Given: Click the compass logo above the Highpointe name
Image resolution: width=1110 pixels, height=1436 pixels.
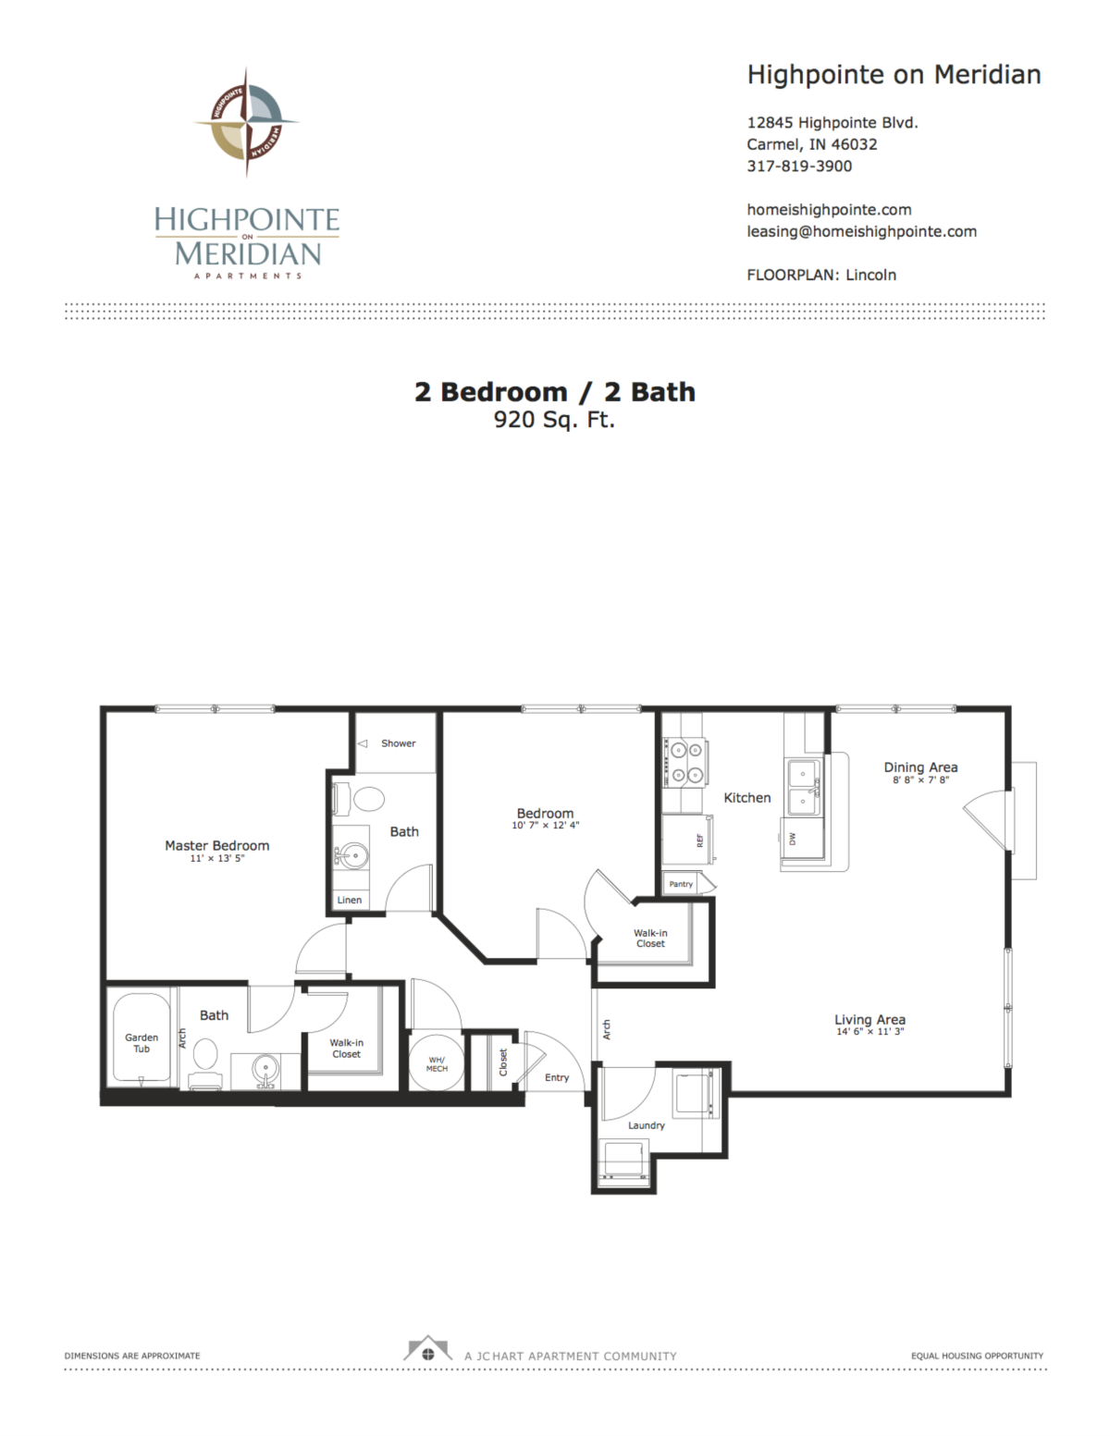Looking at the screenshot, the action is pos(247,122).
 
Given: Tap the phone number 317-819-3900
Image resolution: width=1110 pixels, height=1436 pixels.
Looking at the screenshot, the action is pos(799,166).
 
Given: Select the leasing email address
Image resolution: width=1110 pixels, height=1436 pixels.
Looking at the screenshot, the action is pos(861,231).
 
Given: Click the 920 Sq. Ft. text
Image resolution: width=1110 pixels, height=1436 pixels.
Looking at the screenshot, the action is pos(555,420).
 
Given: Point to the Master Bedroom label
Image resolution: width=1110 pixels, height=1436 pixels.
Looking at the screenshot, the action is pos(216,845).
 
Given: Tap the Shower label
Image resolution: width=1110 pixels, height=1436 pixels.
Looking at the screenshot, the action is pos(398,743).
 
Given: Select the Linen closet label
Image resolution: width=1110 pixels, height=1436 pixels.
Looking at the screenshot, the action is pos(349,900).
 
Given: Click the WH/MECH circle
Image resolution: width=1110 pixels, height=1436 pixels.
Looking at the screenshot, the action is pos(437,1064).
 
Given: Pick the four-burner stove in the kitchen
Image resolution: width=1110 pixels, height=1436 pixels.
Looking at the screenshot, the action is pos(686,763).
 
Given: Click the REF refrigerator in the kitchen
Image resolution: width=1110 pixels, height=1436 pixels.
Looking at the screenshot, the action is pos(688,840).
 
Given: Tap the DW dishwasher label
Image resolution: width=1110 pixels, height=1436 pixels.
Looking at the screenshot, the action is pos(793,839).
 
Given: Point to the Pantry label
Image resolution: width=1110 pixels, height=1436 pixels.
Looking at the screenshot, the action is pos(681,884).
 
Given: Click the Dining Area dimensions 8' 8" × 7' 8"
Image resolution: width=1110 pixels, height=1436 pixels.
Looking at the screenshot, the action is pos(921,779).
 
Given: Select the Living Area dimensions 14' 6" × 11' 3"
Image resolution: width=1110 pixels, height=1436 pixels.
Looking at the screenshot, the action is pos(870,1032).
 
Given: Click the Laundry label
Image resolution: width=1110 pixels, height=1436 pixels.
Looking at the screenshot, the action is pos(646,1125).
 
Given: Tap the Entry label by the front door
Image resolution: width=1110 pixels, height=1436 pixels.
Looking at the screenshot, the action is pos(557,1077).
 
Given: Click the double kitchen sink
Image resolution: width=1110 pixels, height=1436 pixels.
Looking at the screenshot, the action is pos(803,787).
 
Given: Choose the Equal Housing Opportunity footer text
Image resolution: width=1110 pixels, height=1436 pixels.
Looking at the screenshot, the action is pos(977,1356).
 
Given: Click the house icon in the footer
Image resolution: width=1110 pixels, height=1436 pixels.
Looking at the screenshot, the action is pos(427,1348).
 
